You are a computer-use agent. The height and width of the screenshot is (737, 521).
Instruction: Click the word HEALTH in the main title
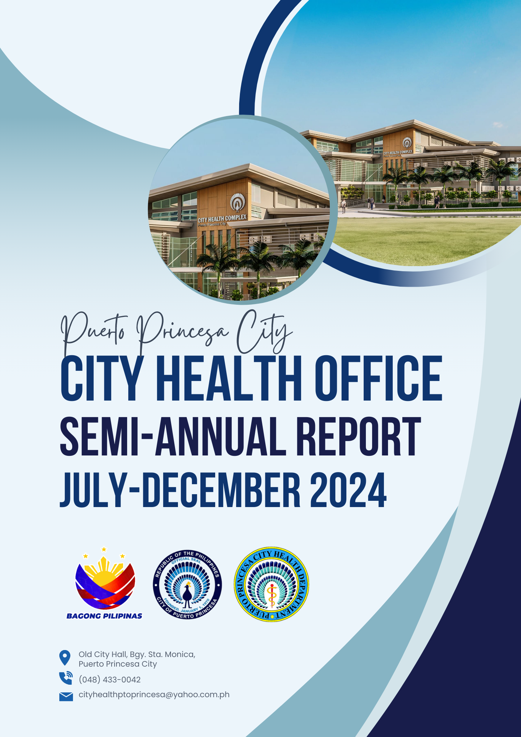click(229, 378)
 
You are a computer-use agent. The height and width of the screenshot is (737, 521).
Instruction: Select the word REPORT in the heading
click(359, 436)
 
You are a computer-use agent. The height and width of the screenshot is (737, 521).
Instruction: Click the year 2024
click(349, 490)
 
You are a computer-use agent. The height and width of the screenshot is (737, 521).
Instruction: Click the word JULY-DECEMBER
click(180, 490)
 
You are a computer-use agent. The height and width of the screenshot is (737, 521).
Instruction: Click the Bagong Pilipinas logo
click(105, 583)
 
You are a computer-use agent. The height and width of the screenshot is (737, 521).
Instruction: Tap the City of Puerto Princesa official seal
click(187, 584)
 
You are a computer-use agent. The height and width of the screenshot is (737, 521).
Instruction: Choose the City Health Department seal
click(272, 584)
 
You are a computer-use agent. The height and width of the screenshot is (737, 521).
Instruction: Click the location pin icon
click(65, 657)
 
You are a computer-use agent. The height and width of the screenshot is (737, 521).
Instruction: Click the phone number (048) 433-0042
click(110, 680)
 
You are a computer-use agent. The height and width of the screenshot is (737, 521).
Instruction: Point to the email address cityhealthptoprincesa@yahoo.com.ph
click(154, 695)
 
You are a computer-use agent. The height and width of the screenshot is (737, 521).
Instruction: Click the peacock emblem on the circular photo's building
click(238, 202)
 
